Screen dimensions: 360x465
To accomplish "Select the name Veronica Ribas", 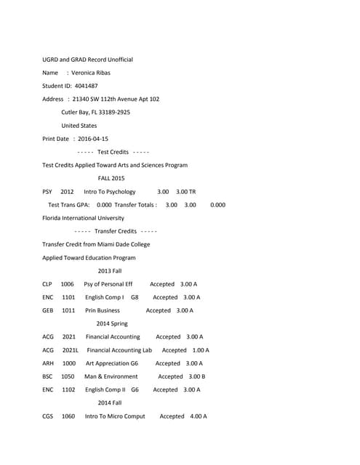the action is [94, 73].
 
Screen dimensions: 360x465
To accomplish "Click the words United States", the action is [79, 126].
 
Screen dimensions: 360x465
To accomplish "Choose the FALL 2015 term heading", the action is [111, 178].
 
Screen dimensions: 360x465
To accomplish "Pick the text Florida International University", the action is [83, 218].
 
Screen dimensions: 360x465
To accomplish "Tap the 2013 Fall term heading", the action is [110, 271].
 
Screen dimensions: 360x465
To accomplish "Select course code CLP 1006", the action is [57, 284].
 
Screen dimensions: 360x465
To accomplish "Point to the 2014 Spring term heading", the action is [111, 323].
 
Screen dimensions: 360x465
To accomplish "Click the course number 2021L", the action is [71, 350].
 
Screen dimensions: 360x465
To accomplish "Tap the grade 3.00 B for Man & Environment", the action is [196, 376].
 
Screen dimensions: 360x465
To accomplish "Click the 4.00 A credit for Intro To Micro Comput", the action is [198, 416].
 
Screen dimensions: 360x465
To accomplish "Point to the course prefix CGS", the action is [48, 416].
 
